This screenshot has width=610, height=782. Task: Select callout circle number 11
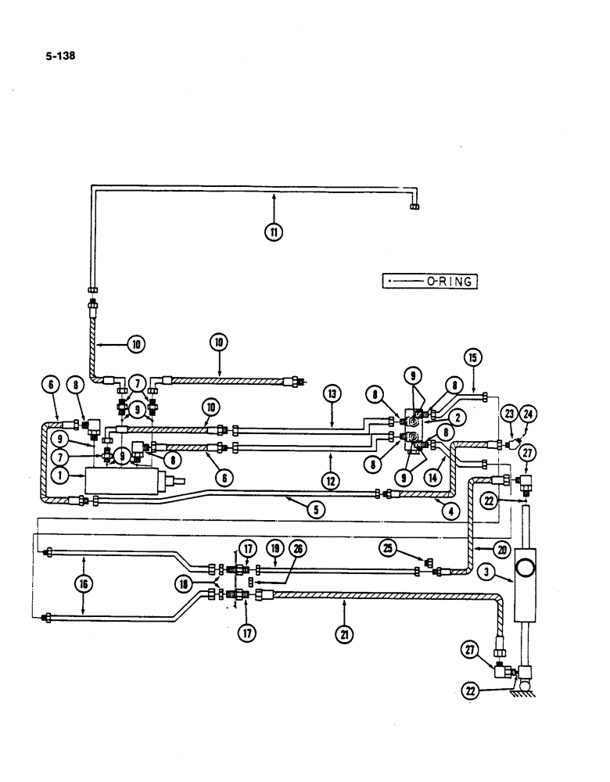tap(274, 231)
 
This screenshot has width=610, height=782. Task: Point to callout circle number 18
tap(184, 582)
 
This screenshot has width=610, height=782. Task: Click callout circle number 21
tap(343, 633)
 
